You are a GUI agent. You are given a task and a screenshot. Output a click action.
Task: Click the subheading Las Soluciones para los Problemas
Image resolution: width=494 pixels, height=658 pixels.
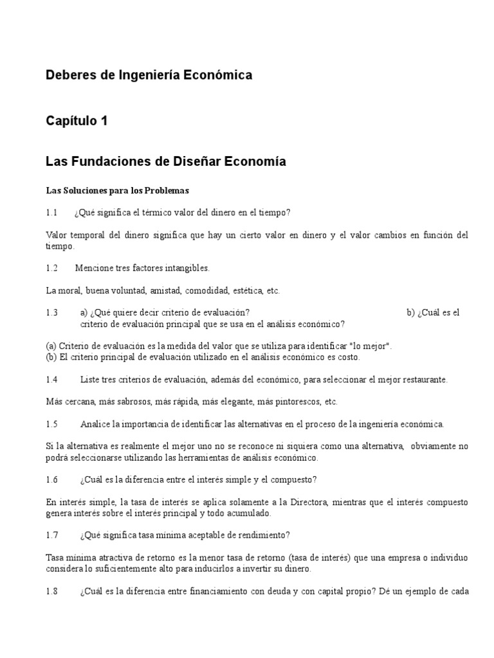click(x=117, y=191)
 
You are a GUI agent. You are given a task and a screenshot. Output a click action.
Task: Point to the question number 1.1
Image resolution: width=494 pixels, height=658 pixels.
click(x=51, y=213)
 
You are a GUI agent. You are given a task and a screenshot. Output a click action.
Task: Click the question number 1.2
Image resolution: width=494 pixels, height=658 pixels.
click(x=51, y=268)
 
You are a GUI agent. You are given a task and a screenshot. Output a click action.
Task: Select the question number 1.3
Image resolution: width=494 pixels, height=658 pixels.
click(x=51, y=313)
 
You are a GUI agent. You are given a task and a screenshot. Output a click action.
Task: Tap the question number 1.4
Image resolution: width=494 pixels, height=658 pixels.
click(x=51, y=380)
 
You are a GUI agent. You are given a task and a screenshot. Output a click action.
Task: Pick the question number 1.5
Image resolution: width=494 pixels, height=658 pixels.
click(x=51, y=424)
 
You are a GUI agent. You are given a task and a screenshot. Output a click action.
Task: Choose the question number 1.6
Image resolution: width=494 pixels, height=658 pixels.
click(x=51, y=480)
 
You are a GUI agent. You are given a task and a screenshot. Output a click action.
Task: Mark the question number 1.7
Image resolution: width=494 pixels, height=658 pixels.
click(x=51, y=535)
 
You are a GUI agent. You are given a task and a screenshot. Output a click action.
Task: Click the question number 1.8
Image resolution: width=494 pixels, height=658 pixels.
click(x=51, y=591)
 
